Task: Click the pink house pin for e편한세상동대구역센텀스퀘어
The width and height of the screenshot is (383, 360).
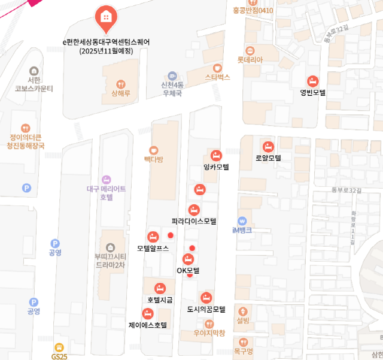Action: point(107,17)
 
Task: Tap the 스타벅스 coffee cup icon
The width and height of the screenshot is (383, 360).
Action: point(217,67)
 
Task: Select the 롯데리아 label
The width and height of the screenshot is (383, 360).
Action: point(250,60)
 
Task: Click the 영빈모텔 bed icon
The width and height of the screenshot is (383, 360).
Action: point(312,81)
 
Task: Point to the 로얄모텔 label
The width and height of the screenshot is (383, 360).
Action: point(268,158)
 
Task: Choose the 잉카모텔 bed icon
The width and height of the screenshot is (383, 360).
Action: point(216,155)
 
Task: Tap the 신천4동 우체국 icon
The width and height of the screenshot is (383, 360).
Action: point(172,75)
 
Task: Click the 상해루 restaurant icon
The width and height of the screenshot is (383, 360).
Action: point(121,84)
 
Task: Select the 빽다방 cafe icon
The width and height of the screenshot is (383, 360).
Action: point(154,150)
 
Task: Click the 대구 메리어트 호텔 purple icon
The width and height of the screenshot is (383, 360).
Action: point(107,179)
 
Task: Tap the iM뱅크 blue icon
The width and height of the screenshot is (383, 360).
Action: point(242,220)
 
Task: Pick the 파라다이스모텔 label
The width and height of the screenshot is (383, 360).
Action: point(194,221)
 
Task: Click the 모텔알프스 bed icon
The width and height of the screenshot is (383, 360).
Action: point(153,237)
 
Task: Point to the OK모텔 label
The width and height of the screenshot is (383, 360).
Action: point(188,271)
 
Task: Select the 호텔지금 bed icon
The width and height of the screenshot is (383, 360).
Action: point(160,289)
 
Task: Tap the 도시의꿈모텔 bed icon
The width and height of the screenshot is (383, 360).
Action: point(206,298)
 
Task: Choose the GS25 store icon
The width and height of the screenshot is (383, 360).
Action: point(59,347)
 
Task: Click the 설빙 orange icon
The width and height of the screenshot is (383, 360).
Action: point(242,311)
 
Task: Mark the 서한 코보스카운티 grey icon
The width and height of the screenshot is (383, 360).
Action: point(34,71)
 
